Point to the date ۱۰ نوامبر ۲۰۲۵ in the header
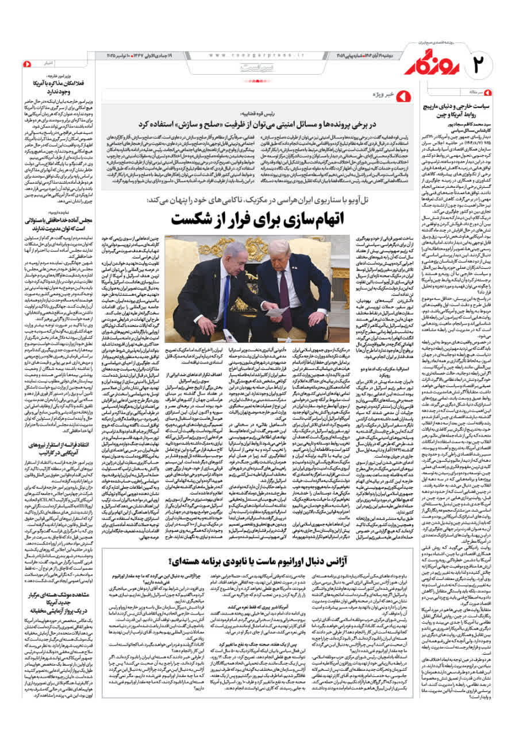pos(120,55)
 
